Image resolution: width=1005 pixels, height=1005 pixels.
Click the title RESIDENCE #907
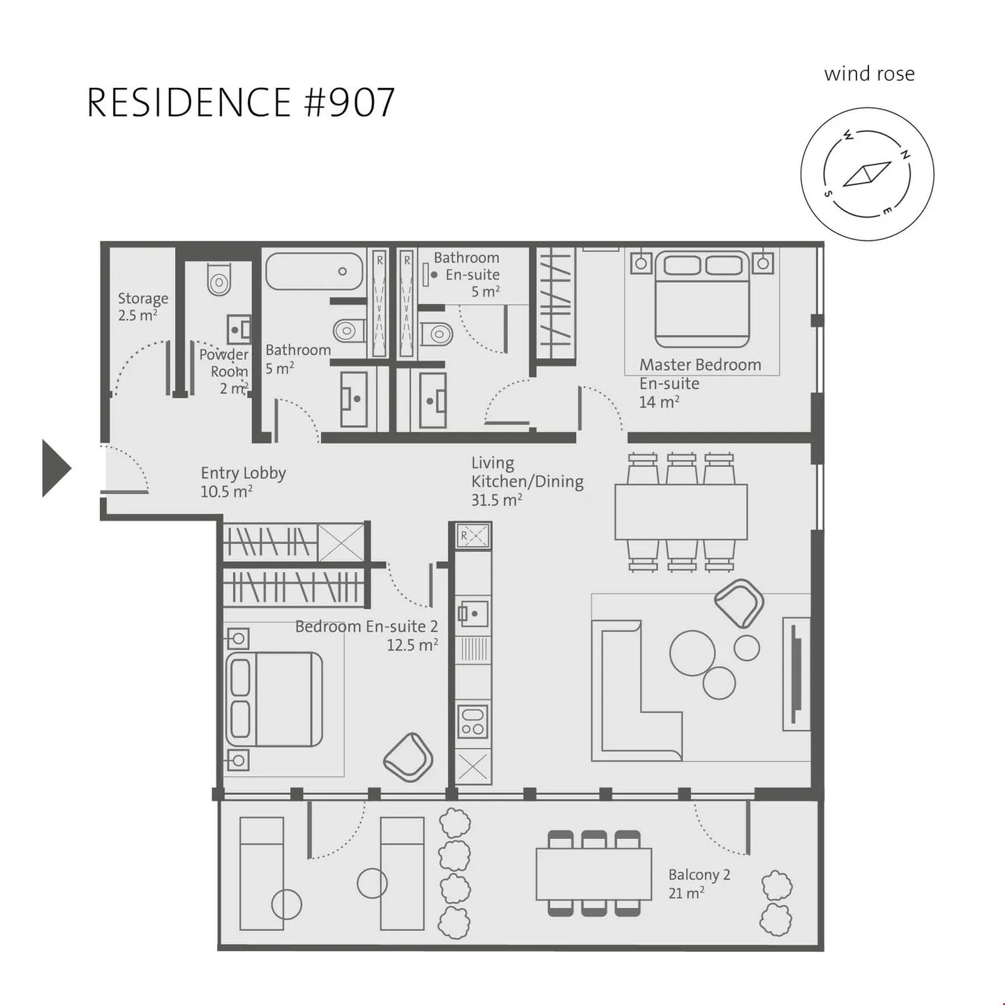[241, 103]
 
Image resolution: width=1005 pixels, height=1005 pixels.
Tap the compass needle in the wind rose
[867, 174]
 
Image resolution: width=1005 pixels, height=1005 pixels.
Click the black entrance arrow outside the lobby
[55, 468]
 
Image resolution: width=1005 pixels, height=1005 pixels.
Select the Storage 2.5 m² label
[142, 306]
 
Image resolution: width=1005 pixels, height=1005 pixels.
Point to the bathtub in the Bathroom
[314, 271]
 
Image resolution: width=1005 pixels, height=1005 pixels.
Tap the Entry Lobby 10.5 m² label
[243, 482]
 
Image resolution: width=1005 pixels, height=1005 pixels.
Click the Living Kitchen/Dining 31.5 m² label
[526, 482]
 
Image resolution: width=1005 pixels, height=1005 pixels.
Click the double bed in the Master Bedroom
[702, 300]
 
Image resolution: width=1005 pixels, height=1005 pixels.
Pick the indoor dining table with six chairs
[680, 512]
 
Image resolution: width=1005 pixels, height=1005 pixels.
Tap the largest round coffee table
[692, 653]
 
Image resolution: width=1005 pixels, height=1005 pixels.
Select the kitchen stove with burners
[472, 722]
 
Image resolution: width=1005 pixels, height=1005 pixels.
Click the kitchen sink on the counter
[472, 614]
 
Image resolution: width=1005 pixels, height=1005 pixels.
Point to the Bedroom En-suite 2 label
[366, 635]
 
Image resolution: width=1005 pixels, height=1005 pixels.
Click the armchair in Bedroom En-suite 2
[408, 757]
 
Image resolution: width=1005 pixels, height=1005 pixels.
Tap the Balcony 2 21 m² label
[699, 884]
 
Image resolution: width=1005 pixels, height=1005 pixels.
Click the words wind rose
[869, 74]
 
